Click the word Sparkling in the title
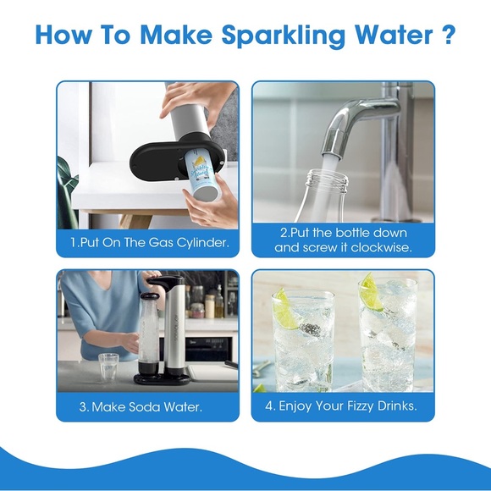tap(284, 35)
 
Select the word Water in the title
tap(394, 34)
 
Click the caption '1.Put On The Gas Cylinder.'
tap(149, 243)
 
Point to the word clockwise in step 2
tap(381, 248)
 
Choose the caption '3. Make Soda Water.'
tap(141, 407)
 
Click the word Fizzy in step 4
tap(360, 406)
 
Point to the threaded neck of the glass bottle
tap(328, 181)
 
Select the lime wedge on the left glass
tap(285, 309)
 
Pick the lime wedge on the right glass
tap(372, 292)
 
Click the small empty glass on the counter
tap(108, 367)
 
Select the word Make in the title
tap(176, 34)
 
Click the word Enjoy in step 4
tap(295, 406)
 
